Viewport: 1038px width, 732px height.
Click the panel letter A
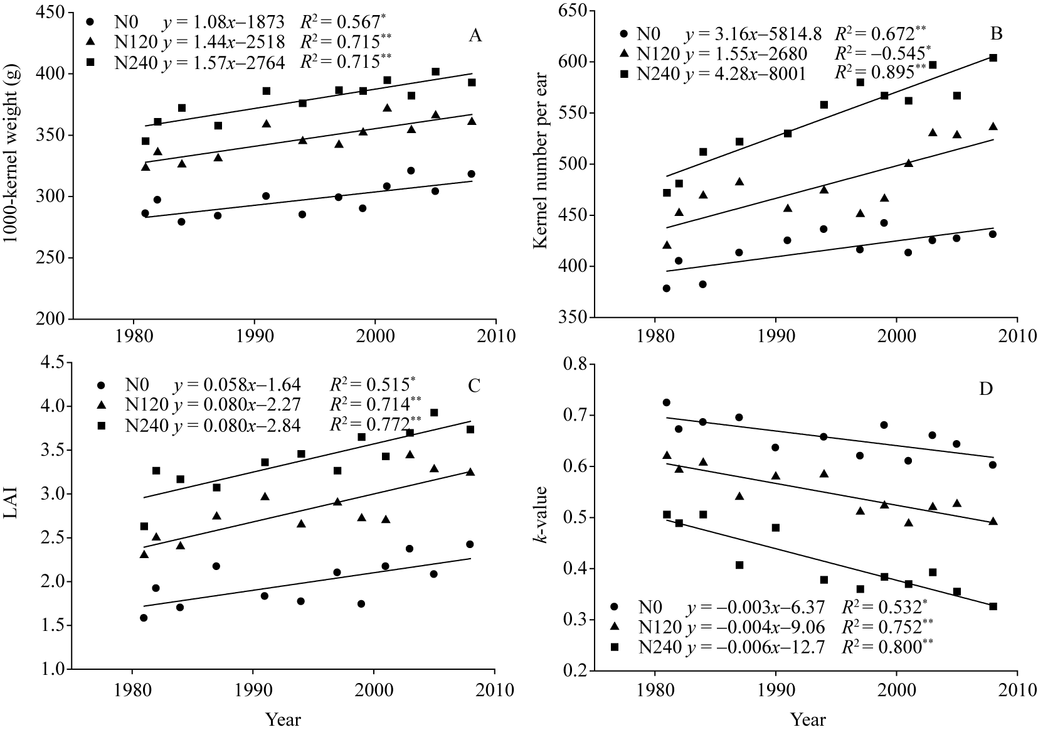click(x=475, y=36)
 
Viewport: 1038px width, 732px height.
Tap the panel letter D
click(x=987, y=389)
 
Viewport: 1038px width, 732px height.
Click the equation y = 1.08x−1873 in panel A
click(x=224, y=22)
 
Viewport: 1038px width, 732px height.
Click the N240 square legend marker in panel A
click(x=91, y=62)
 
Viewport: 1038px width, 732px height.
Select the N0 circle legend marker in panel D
click(x=614, y=607)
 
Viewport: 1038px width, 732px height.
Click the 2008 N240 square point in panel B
click(x=993, y=58)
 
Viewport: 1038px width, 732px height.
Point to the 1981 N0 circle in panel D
click(x=666, y=402)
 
